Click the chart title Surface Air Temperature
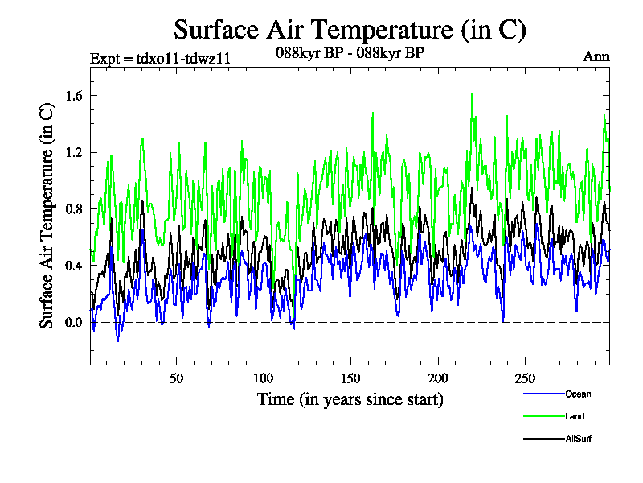[350, 30]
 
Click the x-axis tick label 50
[177, 378]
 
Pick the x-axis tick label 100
[264, 378]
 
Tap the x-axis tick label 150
[350, 378]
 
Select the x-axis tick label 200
[437, 378]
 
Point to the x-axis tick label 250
[524, 378]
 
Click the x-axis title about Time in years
[350, 398]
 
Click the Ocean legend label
[577, 394]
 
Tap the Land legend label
[574, 416]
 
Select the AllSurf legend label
[579, 439]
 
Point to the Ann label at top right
[596, 56]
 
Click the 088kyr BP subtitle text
[350, 53]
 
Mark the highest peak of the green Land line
[472, 93]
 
